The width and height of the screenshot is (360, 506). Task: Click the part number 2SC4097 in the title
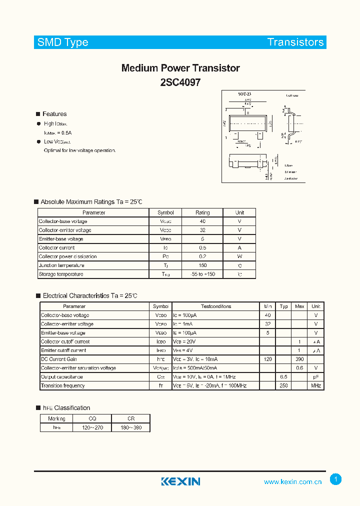pos(180,82)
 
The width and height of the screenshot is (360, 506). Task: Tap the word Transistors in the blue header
pos(295,42)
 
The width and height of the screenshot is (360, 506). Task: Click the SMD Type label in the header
pos(63,42)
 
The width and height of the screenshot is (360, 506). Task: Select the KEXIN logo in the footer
pos(180,481)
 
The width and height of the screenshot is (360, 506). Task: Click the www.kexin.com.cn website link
pos(292,482)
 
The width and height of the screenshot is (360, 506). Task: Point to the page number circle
pos(336,479)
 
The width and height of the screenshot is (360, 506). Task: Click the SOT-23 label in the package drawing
pos(244,94)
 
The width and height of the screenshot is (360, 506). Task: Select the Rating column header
pos(202,212)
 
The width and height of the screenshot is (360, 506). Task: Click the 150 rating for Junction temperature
pos(202,265)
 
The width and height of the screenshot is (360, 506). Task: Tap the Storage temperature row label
pos(61,274)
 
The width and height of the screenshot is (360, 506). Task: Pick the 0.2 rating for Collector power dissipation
pos(202,256)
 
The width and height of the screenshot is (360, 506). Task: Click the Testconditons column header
pos(216,306)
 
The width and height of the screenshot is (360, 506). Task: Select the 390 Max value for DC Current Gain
pos(299,359)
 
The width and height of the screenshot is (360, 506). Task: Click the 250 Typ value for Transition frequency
pos(283,386)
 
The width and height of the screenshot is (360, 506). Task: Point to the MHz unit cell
pos(316,386)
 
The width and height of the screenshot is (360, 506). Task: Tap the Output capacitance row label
pos(62,377)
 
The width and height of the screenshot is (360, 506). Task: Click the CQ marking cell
pos(92,419)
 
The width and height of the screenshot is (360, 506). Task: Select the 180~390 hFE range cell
pos(130,428)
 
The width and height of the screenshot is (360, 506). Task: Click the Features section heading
pos(54,114)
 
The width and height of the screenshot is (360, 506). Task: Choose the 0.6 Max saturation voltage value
pos(299,368)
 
